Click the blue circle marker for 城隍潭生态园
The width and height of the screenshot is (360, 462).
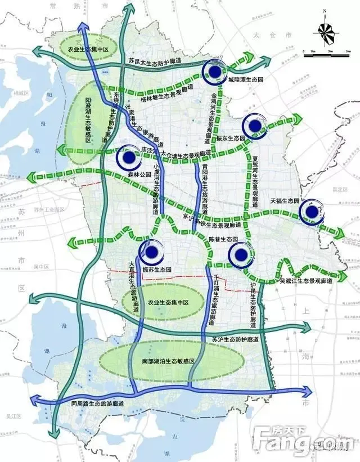coord(215,71)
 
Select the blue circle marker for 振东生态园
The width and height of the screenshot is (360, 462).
coord(254,126)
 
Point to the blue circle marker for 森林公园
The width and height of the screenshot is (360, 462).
coord(129,158)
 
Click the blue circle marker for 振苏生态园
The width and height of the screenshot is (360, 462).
coord(151,253)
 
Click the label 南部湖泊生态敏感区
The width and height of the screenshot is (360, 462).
coord(163,361)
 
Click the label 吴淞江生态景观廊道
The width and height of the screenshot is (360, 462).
coord(305,280)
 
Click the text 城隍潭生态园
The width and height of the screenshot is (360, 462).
coord(245,80)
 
